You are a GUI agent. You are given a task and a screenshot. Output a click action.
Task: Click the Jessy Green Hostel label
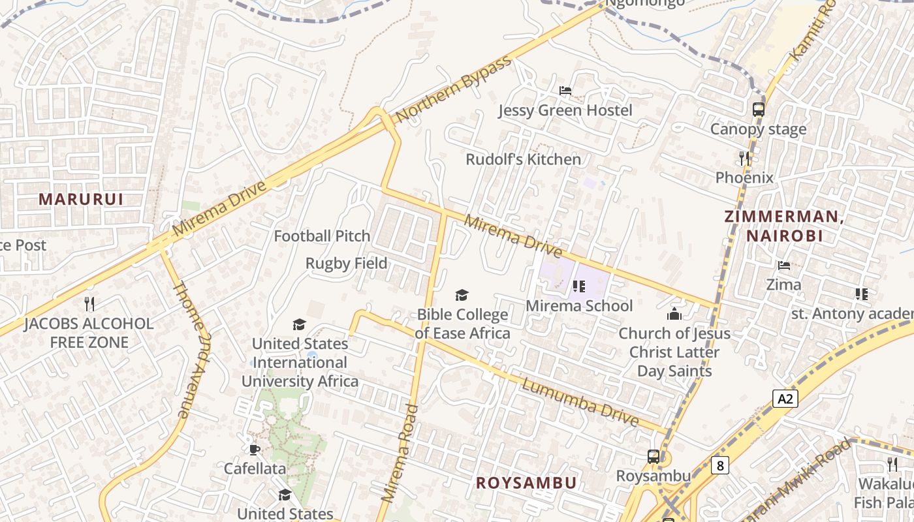pyautogui.click(x=565, y=110)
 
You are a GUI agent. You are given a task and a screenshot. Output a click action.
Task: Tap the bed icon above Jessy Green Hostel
pyautogui.click(x=565, y=90)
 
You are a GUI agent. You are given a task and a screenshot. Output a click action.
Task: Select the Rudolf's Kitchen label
pyautogui.click(x=523, y=159)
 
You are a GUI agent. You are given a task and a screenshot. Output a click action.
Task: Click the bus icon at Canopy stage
pyautogui.click(x=758, y=109)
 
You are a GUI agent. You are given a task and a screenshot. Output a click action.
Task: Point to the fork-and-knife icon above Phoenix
pyautogui.click(x=744, y=158)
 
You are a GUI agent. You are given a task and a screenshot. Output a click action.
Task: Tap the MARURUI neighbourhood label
pyautogui.click(x=81, y=199)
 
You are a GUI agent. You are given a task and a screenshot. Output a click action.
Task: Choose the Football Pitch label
pyautogui.click(x=322, y=236)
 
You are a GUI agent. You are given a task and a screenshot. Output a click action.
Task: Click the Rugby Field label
pyautogui.click(x=347, y=264)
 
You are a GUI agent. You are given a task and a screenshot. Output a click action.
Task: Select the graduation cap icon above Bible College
pyautogui.click(x=462, y=296)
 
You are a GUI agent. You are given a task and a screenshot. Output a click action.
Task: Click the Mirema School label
pyautogui.click(x=579, y=305)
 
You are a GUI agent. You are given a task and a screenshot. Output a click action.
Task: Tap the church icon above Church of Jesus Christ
pyautogui.click(x=674, y=314)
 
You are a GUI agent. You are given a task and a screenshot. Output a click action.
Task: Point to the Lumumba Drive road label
pyautogui.click(x=580, y=403)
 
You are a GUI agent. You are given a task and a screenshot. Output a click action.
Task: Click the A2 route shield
pyautogui.click(x=785, y=399)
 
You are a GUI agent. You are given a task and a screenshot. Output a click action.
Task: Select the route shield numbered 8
pyautogui.click(x=719, y=465)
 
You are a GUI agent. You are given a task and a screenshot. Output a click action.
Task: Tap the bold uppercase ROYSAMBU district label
pyautogui.click(x=526, y=483)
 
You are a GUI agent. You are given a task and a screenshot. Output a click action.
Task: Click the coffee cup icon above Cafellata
pyautogui.click(x=255, y=449)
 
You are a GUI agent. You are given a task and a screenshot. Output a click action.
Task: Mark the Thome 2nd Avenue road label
pyautogui.click(x=191, y=349)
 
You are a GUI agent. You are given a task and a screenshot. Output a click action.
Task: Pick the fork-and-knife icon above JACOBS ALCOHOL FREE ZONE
pyautogui.click(x=89, y=303)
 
